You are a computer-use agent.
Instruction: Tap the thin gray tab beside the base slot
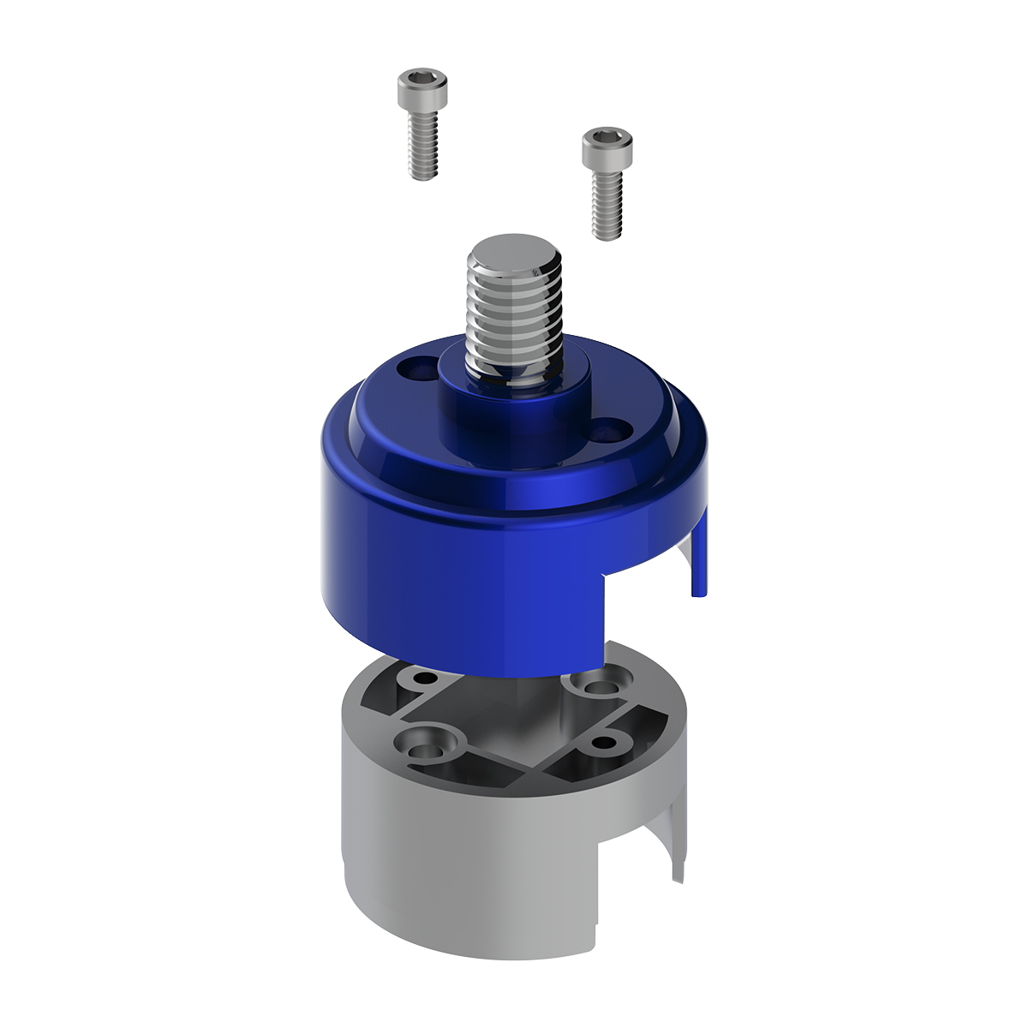tap(678, 848)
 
